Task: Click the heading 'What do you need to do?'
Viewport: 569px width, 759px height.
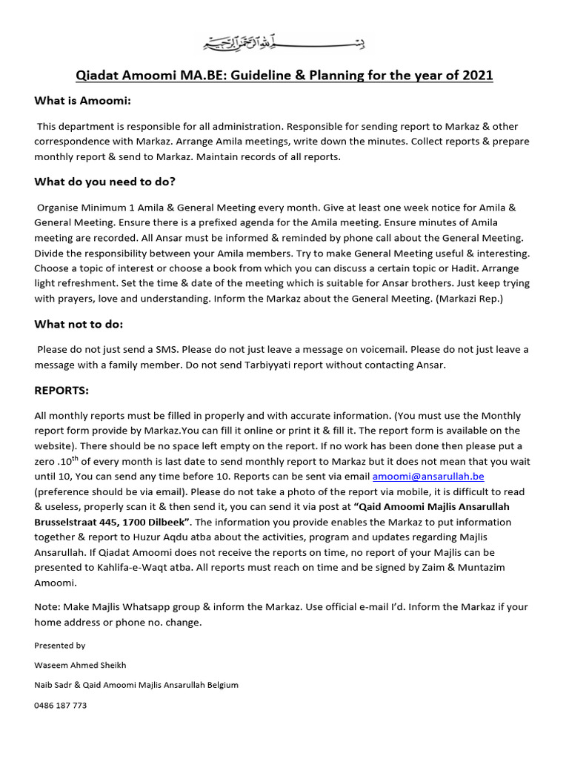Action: coord(104,182)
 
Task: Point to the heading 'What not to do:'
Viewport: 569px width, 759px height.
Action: coord(79,324)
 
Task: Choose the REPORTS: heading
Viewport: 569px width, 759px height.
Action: coord(61,390)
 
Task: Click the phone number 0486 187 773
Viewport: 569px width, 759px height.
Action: coord(60,705)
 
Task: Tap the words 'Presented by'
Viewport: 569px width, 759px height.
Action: coord(59,646)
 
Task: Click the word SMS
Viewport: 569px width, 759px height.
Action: coord(166,349)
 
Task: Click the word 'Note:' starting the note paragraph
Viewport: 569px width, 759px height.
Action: coord(47,606)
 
